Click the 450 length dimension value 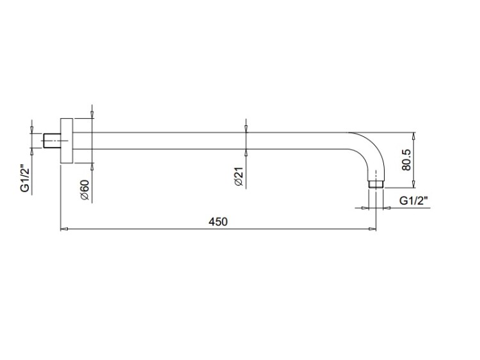click(x=218, y=221)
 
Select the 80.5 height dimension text click(x=406, y=160)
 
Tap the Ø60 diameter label click(x=84, y=190)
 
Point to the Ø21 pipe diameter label click(x=238, y=176)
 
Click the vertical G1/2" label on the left click(x=26, y=180)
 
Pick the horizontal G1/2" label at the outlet click(x=413, y=201)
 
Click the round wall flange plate click(x=67, y=141)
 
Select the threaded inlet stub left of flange click(x=52, y=141)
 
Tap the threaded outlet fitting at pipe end click(x=376, y=184)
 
